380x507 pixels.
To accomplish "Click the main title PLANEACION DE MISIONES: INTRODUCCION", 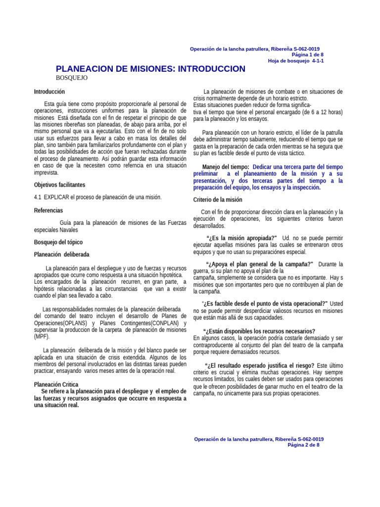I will [x=150, y=69].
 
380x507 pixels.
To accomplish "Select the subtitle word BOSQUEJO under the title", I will [x=72, y=78].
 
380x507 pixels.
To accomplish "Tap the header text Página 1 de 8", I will [x=308, y=54].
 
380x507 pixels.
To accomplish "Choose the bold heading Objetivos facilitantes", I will [x=59, y=185].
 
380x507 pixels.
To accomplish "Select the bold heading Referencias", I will [x=48, y=210].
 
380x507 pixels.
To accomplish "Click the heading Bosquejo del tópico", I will [x=58, y=242].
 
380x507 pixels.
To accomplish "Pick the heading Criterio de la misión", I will [x=217, y=200].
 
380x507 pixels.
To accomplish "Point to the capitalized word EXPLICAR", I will [x=57, y=197].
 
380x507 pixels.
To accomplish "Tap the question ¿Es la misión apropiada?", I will [x=241, y=238].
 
